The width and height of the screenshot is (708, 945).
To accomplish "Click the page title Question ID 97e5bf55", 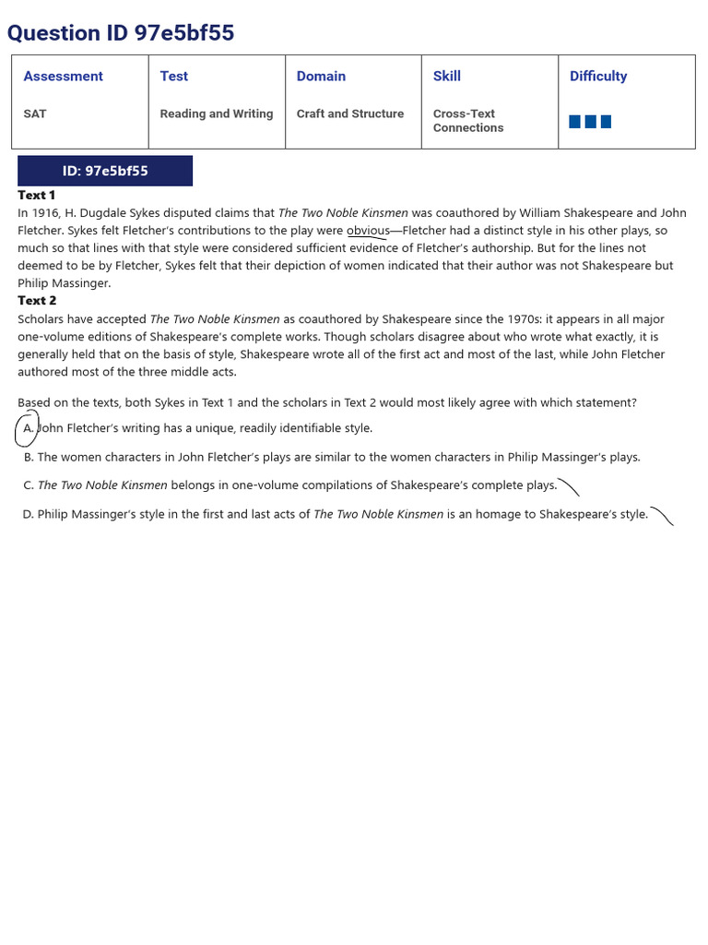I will click(x=121, y=33).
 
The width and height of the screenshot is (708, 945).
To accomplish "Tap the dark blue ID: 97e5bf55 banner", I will click(x=105, y=171).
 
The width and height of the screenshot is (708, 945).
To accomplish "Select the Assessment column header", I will click(x=63, y=77).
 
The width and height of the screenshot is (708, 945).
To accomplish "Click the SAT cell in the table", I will click(x=35, y=114).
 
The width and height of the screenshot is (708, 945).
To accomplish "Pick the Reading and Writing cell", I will click(x=216, y=114).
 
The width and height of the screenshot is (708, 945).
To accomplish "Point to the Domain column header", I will click(x=321, y=77).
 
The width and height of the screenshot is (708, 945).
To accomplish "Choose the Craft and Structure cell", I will click(x=350, y=114).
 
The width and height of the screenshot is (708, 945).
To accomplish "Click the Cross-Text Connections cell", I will click(x=468, y=121).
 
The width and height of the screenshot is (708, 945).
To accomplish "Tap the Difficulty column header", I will click(x=598, y=77).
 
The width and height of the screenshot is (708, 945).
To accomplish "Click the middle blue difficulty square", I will click(x=590, y=122).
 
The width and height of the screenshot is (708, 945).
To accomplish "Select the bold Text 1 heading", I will click(x=37, y=195).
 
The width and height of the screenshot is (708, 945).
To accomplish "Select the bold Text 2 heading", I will click(x=37, y=300).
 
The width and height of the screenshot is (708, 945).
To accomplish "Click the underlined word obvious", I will click(x=368, y=231).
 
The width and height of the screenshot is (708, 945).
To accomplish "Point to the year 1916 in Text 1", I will click(x=45, y=213).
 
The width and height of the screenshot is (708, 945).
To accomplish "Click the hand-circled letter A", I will click(x=28, y=428).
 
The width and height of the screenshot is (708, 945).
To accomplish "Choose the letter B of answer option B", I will click(x=29, y=457).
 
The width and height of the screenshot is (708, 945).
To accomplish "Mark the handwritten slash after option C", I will click(x=569, y=486).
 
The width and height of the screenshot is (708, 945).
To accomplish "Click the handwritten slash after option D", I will click(x=662, y=515).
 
